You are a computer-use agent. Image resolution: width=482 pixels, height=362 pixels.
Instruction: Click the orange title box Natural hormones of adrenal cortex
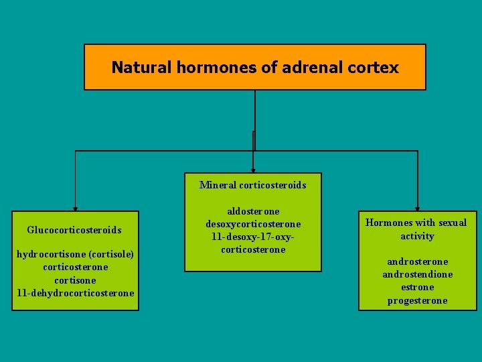(x=254, y=67)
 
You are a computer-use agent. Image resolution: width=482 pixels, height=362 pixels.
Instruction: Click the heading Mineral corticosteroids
(x=252, y=185)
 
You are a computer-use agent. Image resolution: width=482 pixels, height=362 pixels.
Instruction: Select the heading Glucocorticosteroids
(x=74, y=230)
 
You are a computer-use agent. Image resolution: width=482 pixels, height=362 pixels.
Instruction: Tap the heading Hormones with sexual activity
(x=417, y=229)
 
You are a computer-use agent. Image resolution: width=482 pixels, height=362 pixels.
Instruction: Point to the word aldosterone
(x=252, y=211)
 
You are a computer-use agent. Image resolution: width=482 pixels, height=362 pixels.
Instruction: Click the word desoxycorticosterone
(x=252, y=224)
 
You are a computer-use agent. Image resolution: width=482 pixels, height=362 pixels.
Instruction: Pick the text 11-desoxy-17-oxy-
(x=252, y=237)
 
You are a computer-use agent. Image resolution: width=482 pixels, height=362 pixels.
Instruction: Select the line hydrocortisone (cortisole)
(x=75, y=254)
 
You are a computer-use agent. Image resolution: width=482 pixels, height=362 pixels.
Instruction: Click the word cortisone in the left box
(x=75, y=280)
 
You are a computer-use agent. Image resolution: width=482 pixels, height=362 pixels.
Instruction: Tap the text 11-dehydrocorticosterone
(x=75, y=293)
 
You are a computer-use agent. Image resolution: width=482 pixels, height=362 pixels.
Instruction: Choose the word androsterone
(x=417, y=261)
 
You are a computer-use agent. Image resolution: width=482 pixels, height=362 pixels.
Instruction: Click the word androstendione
(x=417, y=274)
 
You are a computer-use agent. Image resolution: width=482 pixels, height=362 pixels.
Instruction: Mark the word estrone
(x=417, y=287)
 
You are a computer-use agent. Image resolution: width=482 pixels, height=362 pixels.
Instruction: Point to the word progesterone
(x=417, y=300)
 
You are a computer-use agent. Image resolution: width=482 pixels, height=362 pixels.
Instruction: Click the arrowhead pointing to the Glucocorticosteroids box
(x=75, y=208)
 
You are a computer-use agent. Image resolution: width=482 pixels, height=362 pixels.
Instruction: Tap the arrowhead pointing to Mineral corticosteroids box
(x=252, y=170)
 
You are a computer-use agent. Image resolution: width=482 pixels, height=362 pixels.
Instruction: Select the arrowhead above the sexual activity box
(x=417, y=208)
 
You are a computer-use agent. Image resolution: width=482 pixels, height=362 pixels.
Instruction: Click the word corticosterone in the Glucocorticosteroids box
(x=75, y=267)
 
